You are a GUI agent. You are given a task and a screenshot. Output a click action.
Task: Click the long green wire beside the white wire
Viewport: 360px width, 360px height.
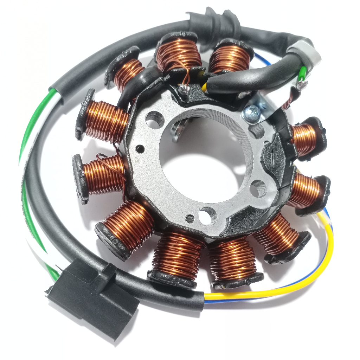click(26, 141)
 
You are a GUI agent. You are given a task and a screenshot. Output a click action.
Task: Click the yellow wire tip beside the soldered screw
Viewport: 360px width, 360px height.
click(203, 85)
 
